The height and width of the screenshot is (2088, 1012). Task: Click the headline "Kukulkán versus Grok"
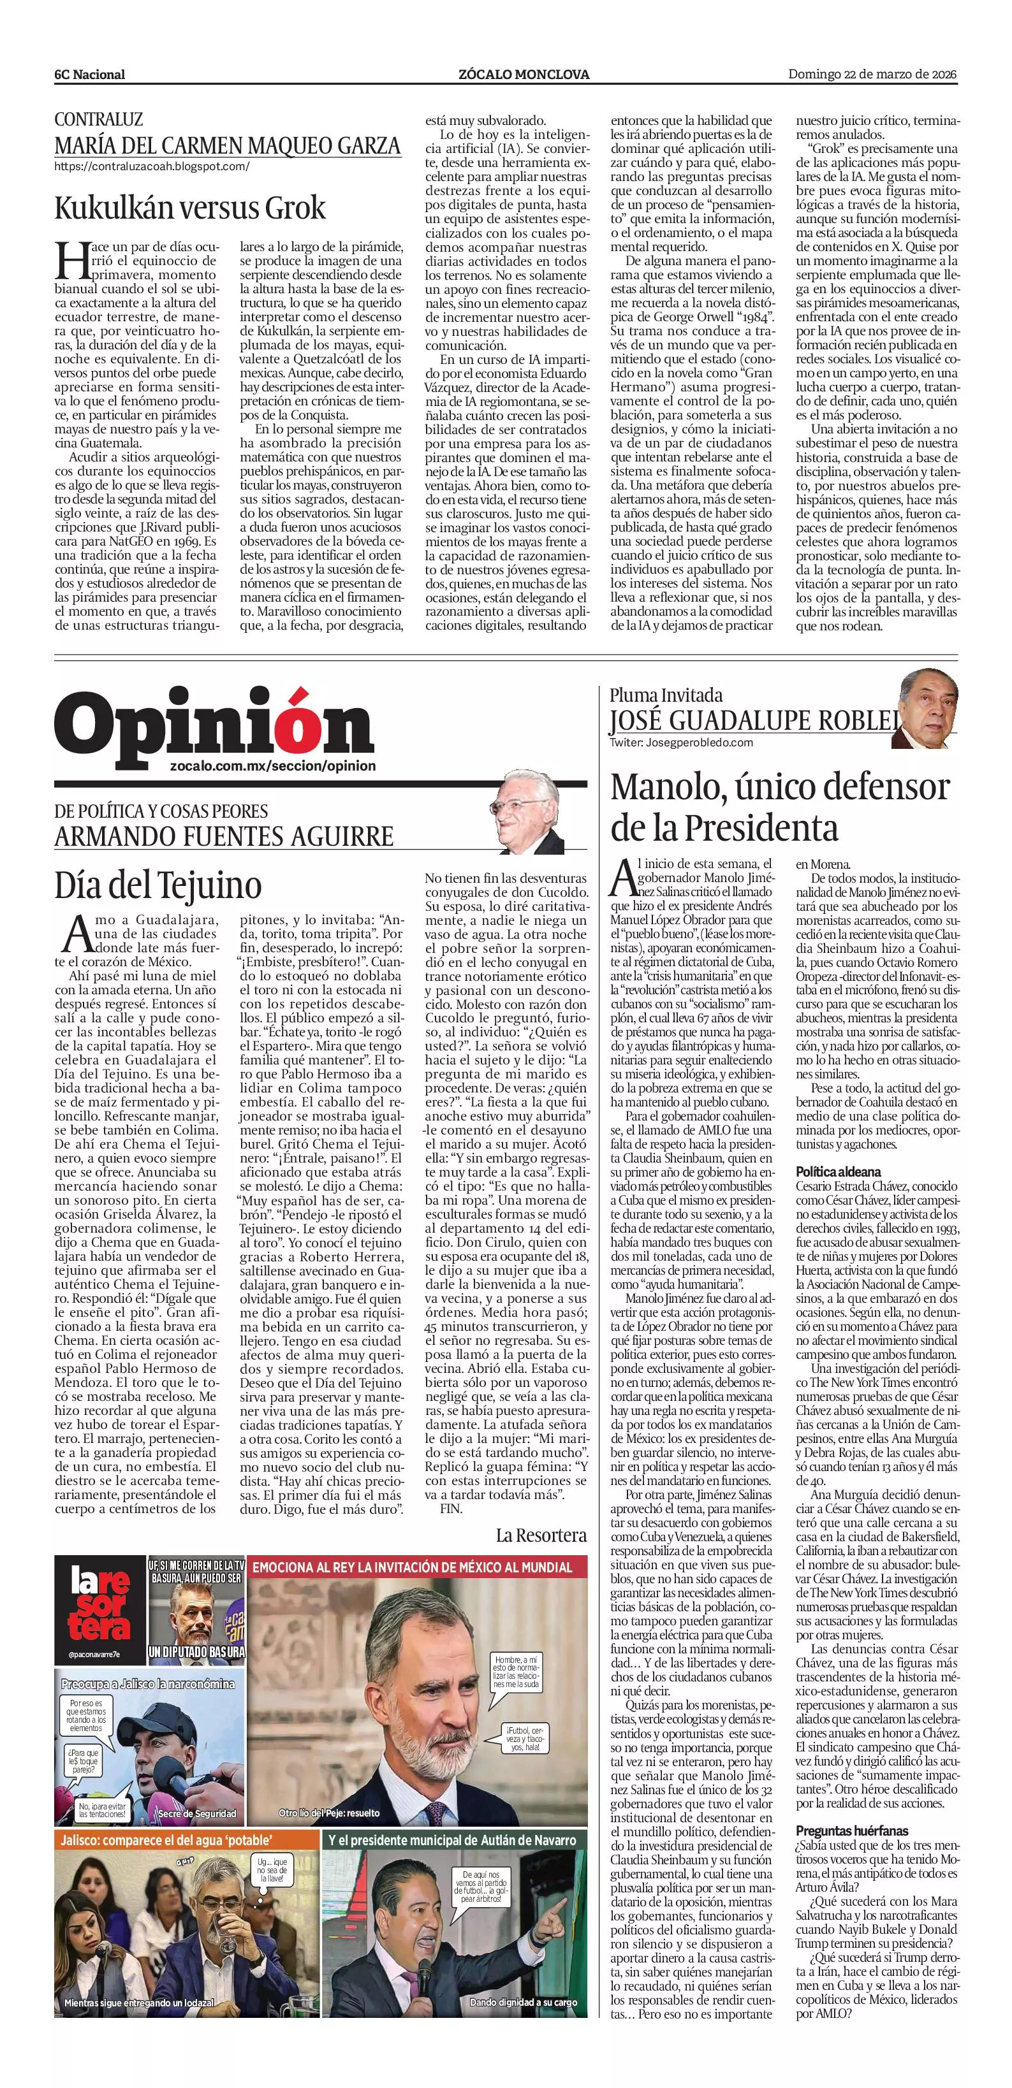(x=190, y=208)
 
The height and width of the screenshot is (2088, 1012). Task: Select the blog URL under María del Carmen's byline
(x=152, y=167)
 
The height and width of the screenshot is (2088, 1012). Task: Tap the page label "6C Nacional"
(x=89, y=75)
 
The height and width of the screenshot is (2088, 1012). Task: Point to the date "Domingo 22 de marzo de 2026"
(x=872, y=75)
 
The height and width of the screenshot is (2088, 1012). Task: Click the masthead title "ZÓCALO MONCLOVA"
(x=524, y=75)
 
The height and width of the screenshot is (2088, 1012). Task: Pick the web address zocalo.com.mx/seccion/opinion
(x=274, y=766)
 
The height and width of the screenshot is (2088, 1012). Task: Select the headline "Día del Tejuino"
(x=158, y=884)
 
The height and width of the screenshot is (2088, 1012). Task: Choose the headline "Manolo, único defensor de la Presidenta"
(x=779, y=808)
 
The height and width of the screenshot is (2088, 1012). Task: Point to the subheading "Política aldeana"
(x=838, y=1172)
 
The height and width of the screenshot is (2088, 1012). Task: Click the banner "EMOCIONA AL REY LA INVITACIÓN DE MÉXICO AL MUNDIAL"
(x=412, y=1569)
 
